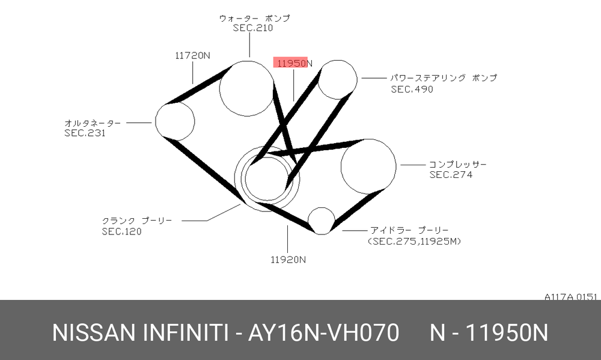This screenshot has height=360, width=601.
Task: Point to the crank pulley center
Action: (267, 178)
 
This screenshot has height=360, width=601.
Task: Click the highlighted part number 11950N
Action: (293, 63)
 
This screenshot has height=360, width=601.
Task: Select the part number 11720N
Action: (192, 55)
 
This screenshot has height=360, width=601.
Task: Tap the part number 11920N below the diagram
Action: (288, 260)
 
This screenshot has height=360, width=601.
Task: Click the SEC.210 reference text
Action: (253, 28)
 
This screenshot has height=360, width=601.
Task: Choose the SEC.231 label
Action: (85, 133)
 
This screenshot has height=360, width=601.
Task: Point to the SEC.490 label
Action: (412, 90)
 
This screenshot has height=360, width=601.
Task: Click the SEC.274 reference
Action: (451, 175)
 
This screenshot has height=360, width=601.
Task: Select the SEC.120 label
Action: (121, 231)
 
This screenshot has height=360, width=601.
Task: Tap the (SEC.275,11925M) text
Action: (414, 241)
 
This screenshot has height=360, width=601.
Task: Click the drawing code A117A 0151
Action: (571, 297)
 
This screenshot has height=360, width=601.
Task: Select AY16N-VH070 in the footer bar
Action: (323, 332)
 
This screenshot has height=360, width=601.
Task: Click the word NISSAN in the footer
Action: (94, 332)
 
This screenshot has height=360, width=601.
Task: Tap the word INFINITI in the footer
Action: (185, 332)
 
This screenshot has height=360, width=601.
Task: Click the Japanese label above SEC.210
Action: (254, 18)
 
